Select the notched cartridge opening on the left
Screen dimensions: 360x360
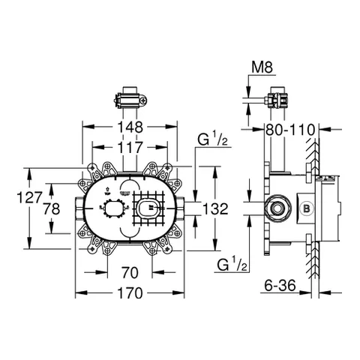[x=114, y=209]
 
